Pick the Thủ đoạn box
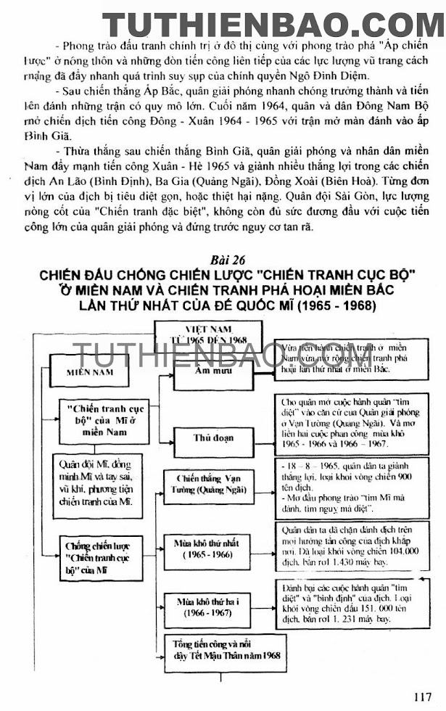tap(213, 438)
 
